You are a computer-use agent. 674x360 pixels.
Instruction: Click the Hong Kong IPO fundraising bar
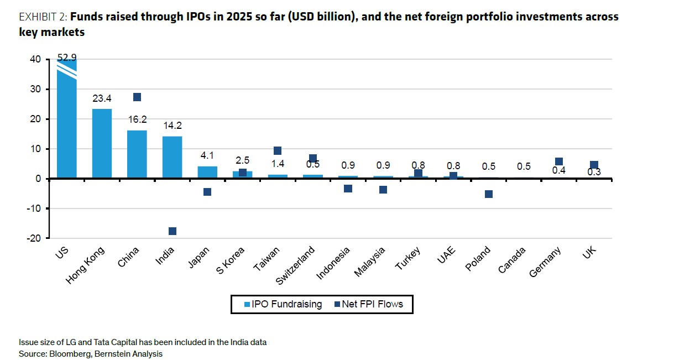click(x=102, y=144)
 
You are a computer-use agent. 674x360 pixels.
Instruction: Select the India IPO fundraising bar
click(x=172, y=158)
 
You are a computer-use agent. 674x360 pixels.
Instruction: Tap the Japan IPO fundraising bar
click(x=207, y=172)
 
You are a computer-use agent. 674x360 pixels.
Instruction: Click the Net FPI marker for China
click(x=137, y=97)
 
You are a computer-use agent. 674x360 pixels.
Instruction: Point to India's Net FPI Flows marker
click(x=172, y=231)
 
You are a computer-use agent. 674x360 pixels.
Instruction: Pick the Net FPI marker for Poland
click(x=488, y=194)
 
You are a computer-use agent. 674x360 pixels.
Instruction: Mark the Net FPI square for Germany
click(x=559, y=162)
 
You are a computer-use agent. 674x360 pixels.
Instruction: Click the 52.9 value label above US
click(x=67, y=58)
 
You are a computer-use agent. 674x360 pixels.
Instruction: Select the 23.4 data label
click(x=102, y=99)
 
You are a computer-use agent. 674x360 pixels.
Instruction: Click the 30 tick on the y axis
click(x=34, y=89)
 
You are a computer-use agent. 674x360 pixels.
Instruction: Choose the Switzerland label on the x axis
click(x=296, y=265)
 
